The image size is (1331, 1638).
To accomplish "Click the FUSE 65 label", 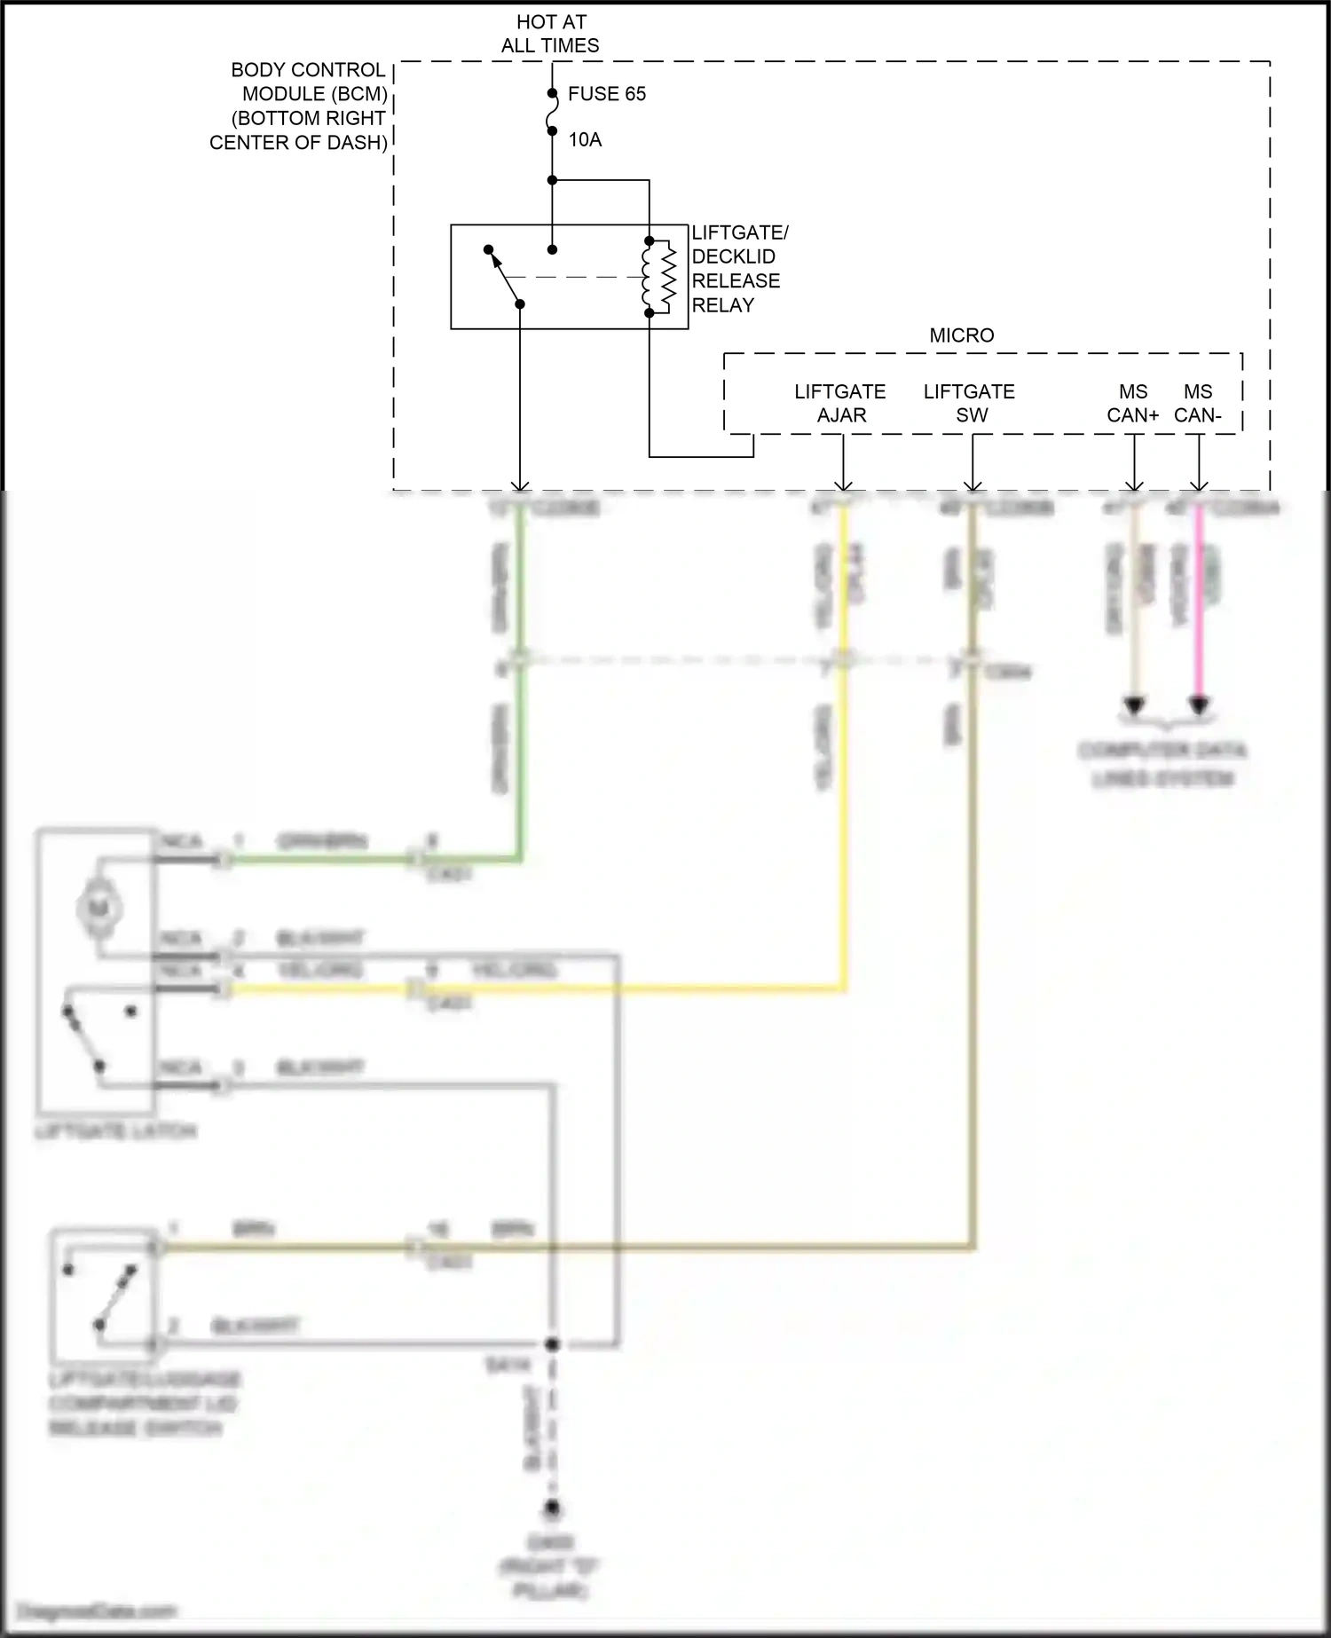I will click(606, 94).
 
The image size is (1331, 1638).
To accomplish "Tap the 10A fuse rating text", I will click(585, 139).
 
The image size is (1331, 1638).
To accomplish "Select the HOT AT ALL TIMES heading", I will click(550, 34).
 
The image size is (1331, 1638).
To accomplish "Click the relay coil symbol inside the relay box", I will click(658, 277).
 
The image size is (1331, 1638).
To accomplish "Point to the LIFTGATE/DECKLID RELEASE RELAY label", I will click(738, 269).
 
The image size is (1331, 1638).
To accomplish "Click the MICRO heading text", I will click(961, 335).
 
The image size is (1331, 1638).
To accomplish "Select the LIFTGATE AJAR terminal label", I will click(839, 403).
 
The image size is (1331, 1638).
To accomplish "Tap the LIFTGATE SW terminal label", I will click(969, 403).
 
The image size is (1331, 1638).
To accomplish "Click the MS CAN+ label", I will click(1133, 403).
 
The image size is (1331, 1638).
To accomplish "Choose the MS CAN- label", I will click(1198, 403).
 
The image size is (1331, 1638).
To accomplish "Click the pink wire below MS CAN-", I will click(1199, 603).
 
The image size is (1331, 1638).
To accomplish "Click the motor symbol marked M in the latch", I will click(98, 907).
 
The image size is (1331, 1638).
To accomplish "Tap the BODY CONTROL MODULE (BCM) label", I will click(300, 106).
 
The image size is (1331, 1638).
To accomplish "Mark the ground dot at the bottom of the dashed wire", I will click(552, 1508).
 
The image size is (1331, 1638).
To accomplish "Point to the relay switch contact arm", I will click(504, 277).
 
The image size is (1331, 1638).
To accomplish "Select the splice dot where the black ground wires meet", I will click(552, 1344).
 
